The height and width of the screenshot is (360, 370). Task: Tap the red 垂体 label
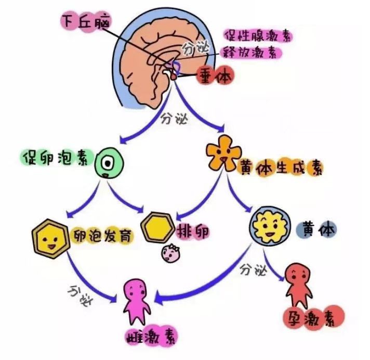215,75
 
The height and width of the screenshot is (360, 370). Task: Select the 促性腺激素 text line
258,36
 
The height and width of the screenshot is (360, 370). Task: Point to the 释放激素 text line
250,53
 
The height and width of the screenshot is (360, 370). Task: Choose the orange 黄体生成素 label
281,168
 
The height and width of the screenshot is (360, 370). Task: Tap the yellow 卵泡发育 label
102,235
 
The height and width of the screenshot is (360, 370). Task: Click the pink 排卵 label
193,231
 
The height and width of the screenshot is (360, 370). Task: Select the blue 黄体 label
316,229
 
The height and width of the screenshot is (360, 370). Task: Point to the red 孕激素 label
314,317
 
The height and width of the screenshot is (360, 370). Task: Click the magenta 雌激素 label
151,336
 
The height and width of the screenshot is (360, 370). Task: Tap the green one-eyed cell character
109,163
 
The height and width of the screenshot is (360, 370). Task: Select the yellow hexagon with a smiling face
51,239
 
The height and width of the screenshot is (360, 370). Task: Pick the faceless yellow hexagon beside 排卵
157,227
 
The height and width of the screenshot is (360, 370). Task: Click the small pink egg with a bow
170,253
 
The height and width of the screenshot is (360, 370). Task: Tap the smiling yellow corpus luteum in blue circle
270,226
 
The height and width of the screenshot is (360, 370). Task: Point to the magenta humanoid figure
137,301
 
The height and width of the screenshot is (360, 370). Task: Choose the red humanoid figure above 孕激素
298,285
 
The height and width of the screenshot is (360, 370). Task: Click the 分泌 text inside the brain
195,48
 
